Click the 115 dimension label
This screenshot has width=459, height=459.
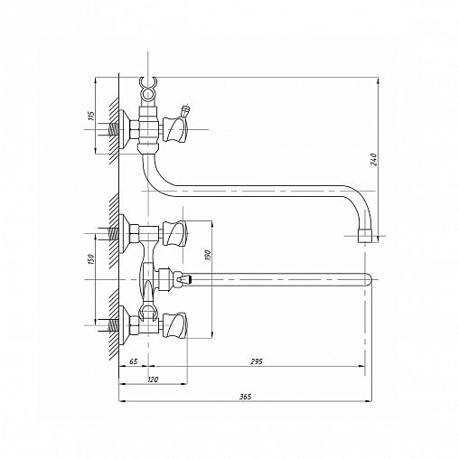coord(91,116)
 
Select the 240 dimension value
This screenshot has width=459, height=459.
coord(374,159)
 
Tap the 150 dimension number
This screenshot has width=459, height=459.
coord(91,259)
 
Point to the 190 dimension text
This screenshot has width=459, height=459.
coord(209,255)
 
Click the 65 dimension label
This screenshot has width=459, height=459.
coord(133,361)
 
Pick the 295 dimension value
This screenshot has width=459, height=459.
coord(257,361)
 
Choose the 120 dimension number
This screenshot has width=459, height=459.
coord(153,379)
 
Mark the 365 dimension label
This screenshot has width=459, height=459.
coord(245,397)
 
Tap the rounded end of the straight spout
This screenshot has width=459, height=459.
coord(369,279)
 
